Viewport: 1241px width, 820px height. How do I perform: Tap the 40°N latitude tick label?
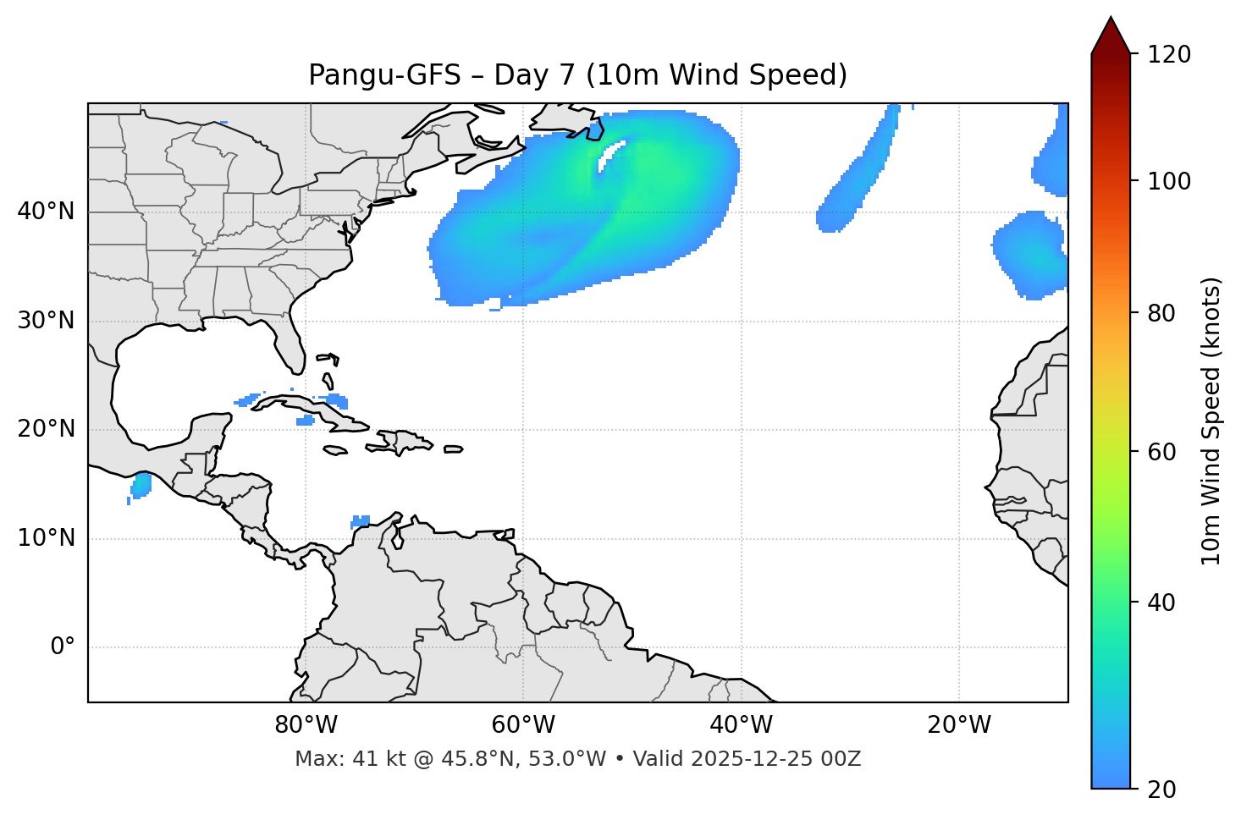click(x=46, y=212)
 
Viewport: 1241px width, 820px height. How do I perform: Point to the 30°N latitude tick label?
click(x=46, y=321)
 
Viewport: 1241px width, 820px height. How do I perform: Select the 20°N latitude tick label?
click(x=46, y=429)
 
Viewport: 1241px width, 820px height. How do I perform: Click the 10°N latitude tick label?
click(x=46, y=538)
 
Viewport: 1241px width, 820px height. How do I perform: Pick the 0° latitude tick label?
click(x=63, y=647)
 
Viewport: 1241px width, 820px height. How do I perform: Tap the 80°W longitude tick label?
click(x=306, y=725)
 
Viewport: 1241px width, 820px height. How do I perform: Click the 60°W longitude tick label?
click(x=523, y=725)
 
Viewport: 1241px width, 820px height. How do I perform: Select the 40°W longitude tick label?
click(x=741, y=725)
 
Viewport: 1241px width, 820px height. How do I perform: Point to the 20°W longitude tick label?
click(x=958, y=725)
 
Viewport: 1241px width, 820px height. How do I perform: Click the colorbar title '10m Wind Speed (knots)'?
click(x=1211, y=421)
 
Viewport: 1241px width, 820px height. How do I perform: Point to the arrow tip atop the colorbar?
click(x=1111, y=19)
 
